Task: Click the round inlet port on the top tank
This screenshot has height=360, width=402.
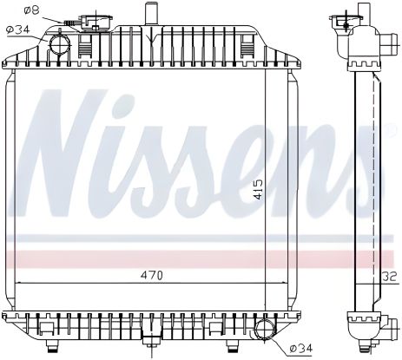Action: [x=59, y=41]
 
